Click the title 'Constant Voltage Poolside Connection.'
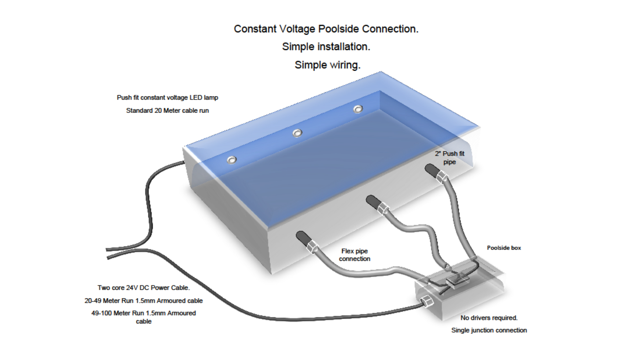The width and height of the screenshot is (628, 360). click(x=326, y=29)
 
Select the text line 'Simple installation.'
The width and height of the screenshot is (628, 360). click(x=326, y=47)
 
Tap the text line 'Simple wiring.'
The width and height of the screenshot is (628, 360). click(x=327, y=65)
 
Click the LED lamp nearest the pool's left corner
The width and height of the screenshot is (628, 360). click(x=232, y=160)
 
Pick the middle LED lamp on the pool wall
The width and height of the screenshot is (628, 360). click(x=297, y=133)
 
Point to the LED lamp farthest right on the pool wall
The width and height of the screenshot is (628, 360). click(x=358, y=109)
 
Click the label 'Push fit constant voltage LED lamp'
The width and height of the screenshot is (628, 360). click(x=167, y=98)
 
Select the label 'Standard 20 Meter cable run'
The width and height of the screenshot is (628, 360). click(x=167, y=110)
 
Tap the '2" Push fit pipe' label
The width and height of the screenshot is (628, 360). click(x=449, y=158)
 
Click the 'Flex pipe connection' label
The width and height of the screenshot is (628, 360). click(x=354, y=255)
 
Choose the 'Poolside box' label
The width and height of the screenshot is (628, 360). click(x=504, y=248)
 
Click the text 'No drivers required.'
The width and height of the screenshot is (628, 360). click(x=489, y=318)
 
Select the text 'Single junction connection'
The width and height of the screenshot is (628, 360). click(x=489, y=330)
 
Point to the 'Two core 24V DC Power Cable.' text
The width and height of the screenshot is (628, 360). click(x=143, y=288)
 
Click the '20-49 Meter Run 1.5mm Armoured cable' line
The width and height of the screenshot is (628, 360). click(x=143, y=301)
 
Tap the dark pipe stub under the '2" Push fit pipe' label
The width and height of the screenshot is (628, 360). click(x=432, y=170)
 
